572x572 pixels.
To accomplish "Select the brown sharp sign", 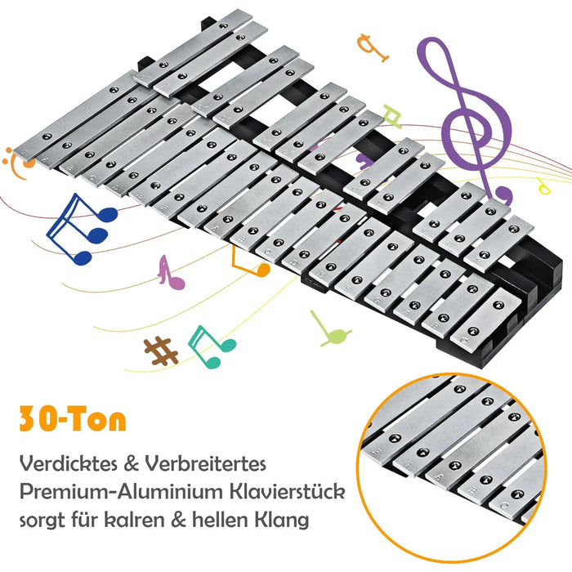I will point(161,351).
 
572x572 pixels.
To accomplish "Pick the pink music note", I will point(170,271).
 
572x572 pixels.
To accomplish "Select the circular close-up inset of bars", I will point(466,458).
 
